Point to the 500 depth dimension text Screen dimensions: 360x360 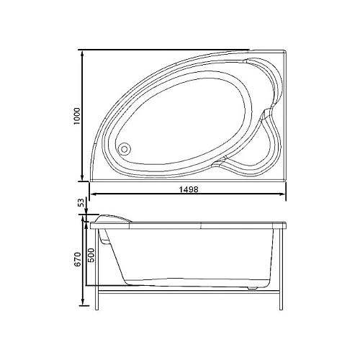(x=91, y=254)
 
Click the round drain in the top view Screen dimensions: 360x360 (x=125, y=148)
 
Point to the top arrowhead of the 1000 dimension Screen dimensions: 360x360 (x=84, y=53)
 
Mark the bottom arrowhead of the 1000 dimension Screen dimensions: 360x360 (x=84, y=177)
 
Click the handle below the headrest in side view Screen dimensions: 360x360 (x=105, y=237)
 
